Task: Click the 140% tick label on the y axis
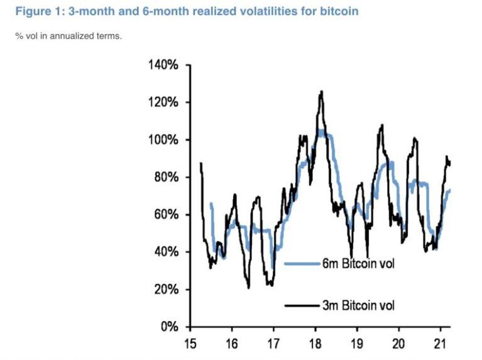click(x=163, y=65)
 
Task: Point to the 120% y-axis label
click(x=163, y=102)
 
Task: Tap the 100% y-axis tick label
click(x=163, y=139)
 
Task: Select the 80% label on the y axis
click(x=167, y=177)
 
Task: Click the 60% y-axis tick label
click(x=167, y=214)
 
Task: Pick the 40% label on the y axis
click(x=167, y=252)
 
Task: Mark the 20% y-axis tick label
click(x=167, y=290)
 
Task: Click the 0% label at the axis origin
click(x=170, y=327)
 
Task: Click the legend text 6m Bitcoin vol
click(x=358, y=263)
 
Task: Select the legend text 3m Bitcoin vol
click(x=358, y=305)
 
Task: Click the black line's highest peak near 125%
click(x=321, y=92)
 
